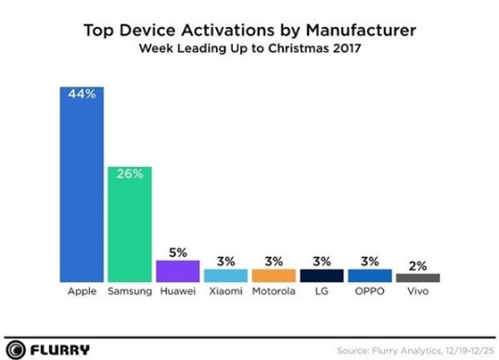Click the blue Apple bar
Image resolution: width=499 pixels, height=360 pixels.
[82, 185]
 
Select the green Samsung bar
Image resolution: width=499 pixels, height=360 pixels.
[130, 225]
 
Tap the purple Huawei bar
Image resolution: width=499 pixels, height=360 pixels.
[178, 271]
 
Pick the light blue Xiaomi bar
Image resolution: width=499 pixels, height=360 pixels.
[226, 276]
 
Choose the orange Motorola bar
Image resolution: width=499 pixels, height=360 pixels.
[274, 276]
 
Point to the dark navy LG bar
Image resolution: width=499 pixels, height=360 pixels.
[322, 276]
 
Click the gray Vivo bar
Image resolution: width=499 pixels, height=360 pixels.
[418, 277]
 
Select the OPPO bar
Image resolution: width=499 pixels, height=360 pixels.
[370, 276]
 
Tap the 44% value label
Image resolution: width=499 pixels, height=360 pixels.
[82, 94]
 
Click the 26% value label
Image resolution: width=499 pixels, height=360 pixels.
[130, 174]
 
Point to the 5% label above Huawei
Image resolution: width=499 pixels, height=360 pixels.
[178, 252]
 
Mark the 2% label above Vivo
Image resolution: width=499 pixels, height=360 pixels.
[418, 266]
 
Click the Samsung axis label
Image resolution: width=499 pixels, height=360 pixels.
[130, 291]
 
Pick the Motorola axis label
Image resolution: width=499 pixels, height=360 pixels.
[274, 291]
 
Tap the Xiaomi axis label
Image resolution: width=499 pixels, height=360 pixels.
[226, 291]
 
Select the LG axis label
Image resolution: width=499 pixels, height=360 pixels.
[322, 291]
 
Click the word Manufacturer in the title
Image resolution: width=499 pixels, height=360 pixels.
[361, 31]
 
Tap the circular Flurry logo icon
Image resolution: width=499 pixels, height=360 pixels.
[16, 350]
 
